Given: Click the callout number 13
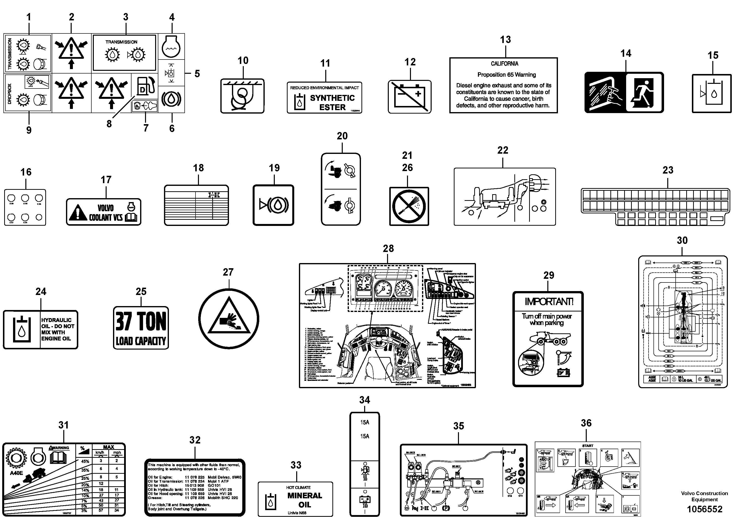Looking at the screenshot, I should pos(505,40).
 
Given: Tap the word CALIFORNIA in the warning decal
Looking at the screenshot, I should pos(505,64).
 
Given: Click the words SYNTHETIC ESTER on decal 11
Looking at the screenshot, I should pos(332,103).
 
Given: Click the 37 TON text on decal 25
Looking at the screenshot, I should pos(141,321).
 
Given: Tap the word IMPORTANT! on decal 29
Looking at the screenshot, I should pos(549,302).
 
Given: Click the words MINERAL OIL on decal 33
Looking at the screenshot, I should pos(305,500).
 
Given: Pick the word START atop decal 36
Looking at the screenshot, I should pos(587,446).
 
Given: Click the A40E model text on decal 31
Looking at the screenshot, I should pos(16,473).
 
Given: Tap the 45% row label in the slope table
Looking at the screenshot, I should pos(85,461).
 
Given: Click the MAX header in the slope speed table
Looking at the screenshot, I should pos(109,447).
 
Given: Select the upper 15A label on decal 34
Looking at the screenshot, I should pos(365,422).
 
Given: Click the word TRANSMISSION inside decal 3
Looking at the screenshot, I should pos(121,42).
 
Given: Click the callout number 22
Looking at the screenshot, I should pos(503,150).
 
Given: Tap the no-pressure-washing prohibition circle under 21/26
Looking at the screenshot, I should pos(409,206).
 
